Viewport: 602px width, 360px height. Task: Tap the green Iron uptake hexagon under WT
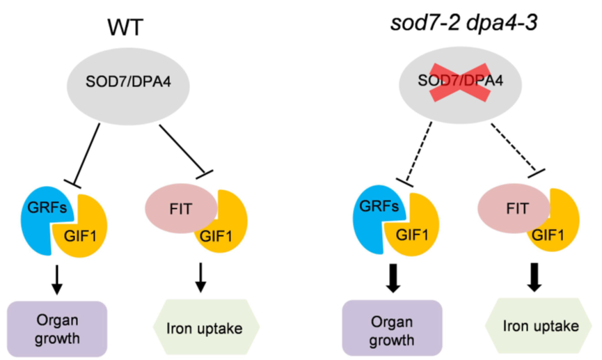(x=205, y=324)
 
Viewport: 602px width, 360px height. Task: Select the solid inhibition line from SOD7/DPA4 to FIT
(x=182, y=147)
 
